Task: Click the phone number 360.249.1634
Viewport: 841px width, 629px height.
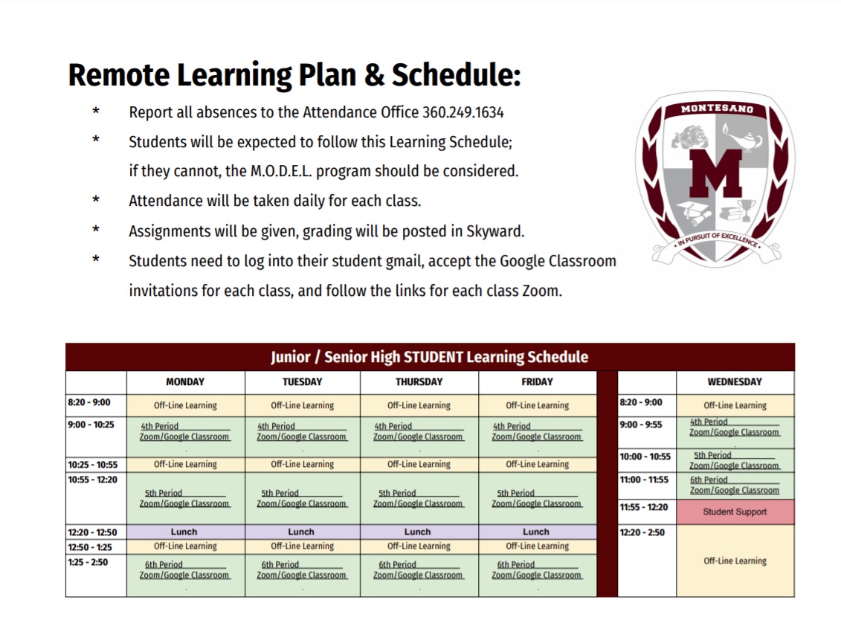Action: [x=463, y=112]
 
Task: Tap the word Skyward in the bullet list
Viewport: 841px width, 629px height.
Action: [x=497, y=231]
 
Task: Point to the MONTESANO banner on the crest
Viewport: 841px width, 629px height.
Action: [x=717, y=109]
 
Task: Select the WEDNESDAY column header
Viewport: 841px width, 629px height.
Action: [x=735, y=382]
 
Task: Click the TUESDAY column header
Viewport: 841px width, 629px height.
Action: [x=302, y=382]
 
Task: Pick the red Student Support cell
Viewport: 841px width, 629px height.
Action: [x=735, y=512]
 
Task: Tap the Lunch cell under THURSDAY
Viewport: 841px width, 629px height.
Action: [x=418, y=532]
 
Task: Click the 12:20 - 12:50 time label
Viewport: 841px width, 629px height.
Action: [x=92, y=532]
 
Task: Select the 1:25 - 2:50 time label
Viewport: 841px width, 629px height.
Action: [x=88, y=562]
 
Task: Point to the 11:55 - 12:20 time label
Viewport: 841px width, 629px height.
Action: [x=643, y=507]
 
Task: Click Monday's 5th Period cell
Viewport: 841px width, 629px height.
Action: [x=185, y=498]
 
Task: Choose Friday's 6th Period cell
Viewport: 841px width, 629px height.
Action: [x=537, y=570]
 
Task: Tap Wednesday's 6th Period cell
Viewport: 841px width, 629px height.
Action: [x=735, y=486]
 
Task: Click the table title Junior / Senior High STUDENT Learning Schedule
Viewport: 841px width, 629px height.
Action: [x=429, y=357]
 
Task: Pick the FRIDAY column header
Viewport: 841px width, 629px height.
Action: [x=537, y=382]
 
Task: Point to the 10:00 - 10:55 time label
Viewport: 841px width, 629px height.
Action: [x=645, y=457]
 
